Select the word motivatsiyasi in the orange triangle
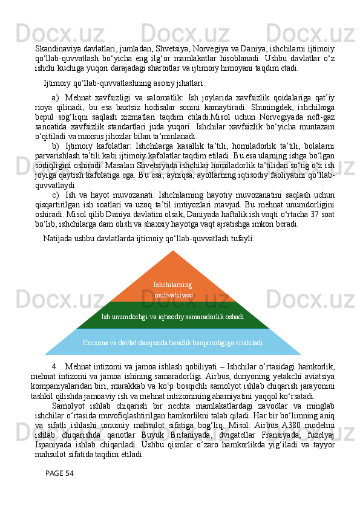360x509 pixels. pos(174,295)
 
